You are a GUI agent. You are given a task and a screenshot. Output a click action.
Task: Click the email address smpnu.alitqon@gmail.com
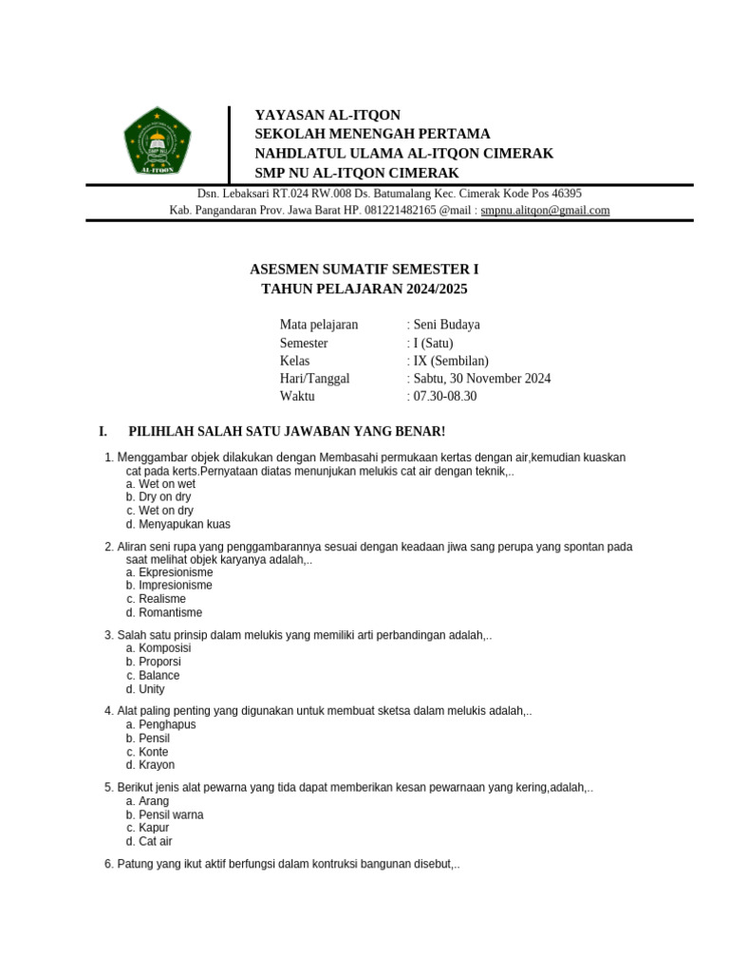pyautogui.click(x=545, y=211)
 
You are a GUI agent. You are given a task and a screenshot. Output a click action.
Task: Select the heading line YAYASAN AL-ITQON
pyautogui.click(x=327, y=115)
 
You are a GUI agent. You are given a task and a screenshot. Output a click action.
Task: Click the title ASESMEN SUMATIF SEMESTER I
pyautogui.click(x=364, y=270)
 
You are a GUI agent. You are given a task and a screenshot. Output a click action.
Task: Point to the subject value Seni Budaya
pyautogui.click(x=445, y=325)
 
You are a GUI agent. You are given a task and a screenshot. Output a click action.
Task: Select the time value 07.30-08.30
pyautogui.click(x=444, y=397)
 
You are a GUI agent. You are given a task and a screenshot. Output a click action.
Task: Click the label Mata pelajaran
pyautogui.click(x=319, y=325)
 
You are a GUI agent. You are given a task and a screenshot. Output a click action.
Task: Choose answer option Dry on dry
pyautogui.click(x=164, y=496)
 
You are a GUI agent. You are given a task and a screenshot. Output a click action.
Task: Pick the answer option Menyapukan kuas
pyautogui.click(x=184, y=524)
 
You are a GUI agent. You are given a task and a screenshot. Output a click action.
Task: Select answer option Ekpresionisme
pyautogui.click(x=176, y=572)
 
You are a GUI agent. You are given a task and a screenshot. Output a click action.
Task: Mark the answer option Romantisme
pyautogui.click(x=170, y=613)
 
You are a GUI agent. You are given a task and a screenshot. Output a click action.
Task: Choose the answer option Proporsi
pyautogui.click(x=159, y=662)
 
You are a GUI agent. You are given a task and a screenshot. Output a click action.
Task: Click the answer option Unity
pyautogui.click(x=151, y=689)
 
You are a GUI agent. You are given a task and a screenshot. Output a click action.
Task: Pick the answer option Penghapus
pyautogui.click(x=167, y=724)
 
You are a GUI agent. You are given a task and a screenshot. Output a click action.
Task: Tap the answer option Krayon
pyautogui.click(x=157, y=765)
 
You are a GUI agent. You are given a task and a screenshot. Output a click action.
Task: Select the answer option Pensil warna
pyautogui.click(x=171, y=814)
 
